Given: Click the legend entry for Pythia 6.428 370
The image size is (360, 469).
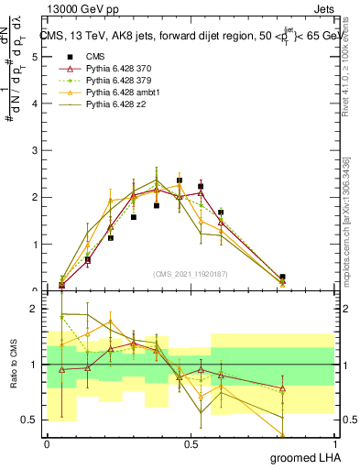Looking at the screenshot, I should [x=110, y=69].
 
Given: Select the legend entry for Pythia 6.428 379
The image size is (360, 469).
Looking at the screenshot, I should [x=110, y=82].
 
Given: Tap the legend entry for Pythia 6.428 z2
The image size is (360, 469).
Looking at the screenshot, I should [x=106, y=107].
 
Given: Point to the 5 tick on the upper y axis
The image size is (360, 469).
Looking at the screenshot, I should [x=34, y=57].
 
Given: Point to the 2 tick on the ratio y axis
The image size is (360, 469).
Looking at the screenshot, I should [x=34, y=309].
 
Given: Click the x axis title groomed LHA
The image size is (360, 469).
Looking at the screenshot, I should [x=302, y=457].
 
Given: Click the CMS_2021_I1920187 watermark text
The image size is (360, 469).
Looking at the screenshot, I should [x=190, y=273].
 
